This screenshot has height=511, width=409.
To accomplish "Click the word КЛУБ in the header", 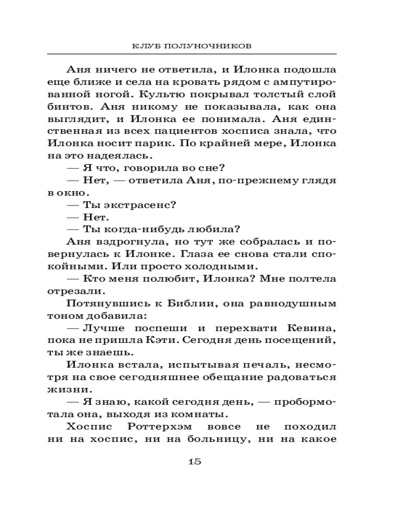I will pyautogui.click(x=144, y=45).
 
